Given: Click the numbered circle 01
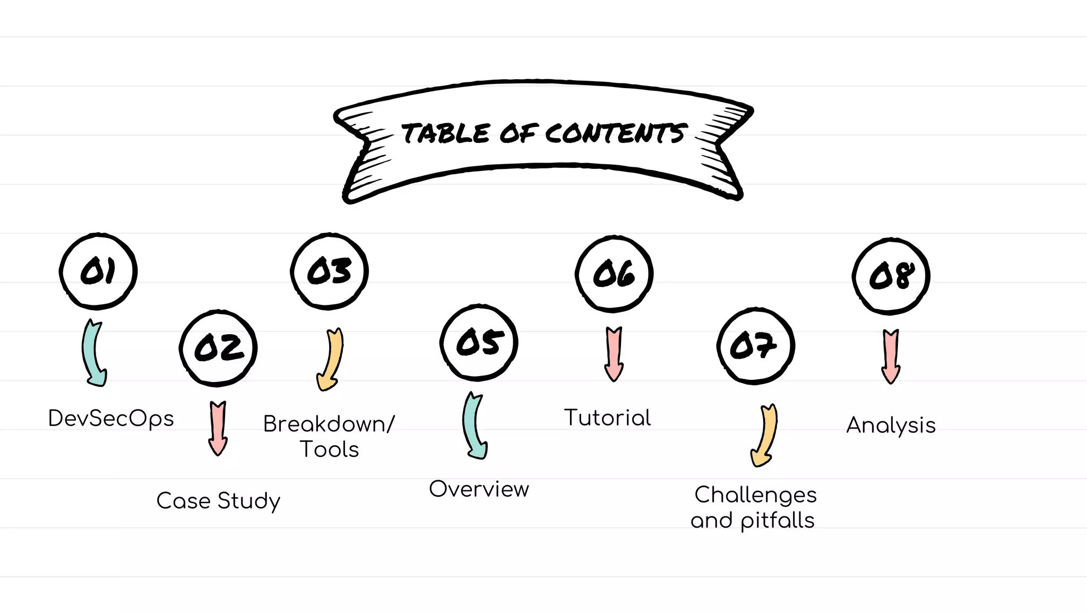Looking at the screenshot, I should pyautogui.click(x=98, y=271).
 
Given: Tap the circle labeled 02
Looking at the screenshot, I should pyautogui.click(x=218, y=348).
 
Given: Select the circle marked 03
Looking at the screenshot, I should pyautogui.click(x=330, y=271).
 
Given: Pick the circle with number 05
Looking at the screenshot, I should pyautogui.click(x=479, y=343).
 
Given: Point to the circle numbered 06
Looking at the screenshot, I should pyautogui.click(x=614, y=274).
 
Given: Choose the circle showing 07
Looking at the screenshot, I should pyautogui.click(x=755, y=346).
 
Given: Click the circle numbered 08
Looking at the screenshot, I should pyautogui.click(x=891, y=276).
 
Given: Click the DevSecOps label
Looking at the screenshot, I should pyautogui.click(x=111, y=419).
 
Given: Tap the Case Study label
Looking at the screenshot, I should pyautogui.click(x=218, y=501).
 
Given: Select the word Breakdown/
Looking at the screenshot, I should pyautogui.click(x=329, y=424).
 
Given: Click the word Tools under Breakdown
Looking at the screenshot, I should pyautogui.click(x=330, y=449).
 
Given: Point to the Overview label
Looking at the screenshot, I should pyautogui.click(x=479, y=489).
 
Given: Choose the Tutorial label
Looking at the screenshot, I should pyautogui.click(x=607, y=418).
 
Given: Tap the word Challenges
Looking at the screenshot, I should pyautogui.click(x=755, y=495).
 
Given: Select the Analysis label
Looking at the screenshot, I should pyautogui.click(x=891, y=426).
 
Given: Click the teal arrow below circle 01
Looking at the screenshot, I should pyautogui.click(x=93, y=353).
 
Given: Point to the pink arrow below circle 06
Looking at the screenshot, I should pyautogui.click(x=614, y=353).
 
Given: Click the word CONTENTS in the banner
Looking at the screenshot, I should pyautogui.click(x=616, y=133).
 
